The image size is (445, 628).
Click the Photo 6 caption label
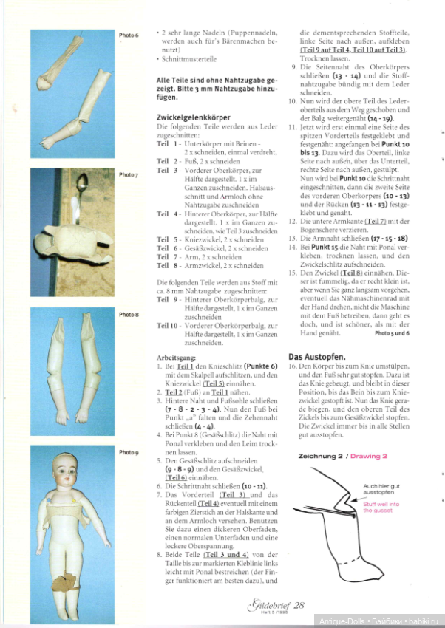click(129, 35)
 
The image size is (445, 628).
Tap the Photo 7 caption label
click(129, 175)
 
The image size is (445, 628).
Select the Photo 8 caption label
click(129, 315)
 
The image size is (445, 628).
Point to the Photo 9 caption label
click(129, 452)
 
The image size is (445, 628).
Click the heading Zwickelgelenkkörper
click(193, 117)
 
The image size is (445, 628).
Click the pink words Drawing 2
click(369, 457)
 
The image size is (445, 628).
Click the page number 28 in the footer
click(299, 605)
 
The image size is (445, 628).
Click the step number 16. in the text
click(293, 366)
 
